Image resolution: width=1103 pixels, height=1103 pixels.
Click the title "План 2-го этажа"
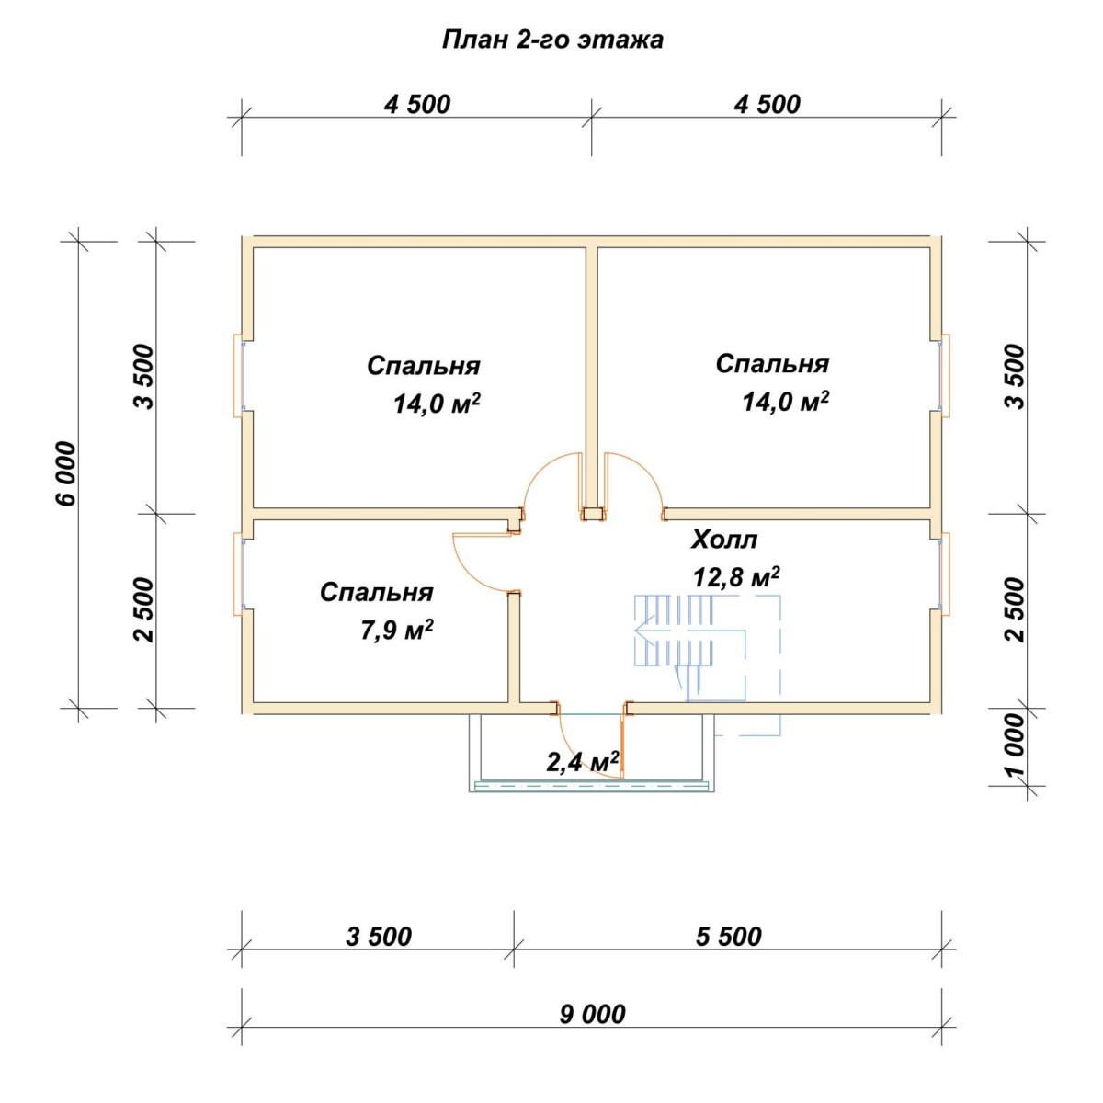552,40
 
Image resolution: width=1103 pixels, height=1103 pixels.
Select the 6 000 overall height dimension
66,474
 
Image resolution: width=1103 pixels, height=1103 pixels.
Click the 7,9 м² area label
396,631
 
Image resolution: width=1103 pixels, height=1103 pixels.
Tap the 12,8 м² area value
736,577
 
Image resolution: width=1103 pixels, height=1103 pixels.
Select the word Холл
724,540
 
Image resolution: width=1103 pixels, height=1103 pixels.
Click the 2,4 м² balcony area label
583,762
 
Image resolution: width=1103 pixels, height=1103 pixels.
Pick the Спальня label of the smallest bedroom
376,593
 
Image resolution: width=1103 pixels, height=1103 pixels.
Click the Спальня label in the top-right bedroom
772,364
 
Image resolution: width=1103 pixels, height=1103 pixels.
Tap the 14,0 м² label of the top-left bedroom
437,404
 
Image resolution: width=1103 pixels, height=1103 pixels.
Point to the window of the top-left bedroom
240,376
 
